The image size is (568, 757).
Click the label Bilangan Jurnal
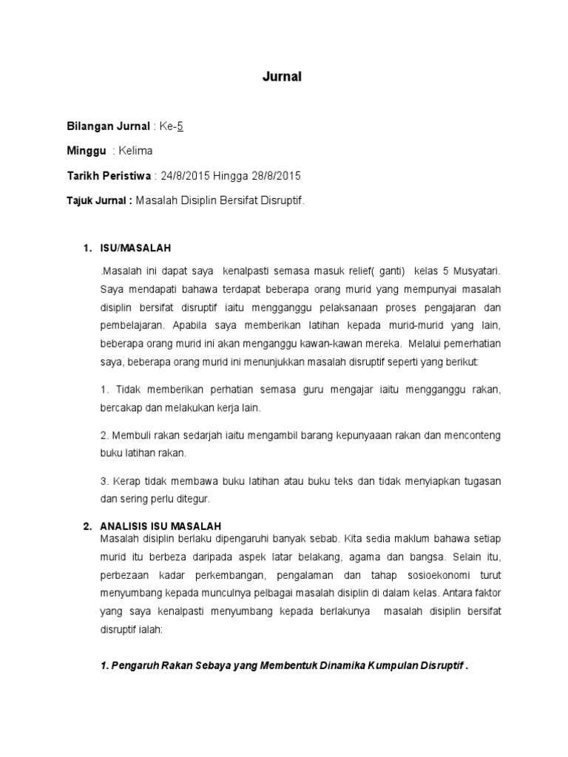coord(108,126)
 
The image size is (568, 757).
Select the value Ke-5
coord(172,126)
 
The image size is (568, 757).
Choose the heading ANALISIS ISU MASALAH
coord(160,526)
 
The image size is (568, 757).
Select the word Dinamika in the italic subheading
coord(347,665)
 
